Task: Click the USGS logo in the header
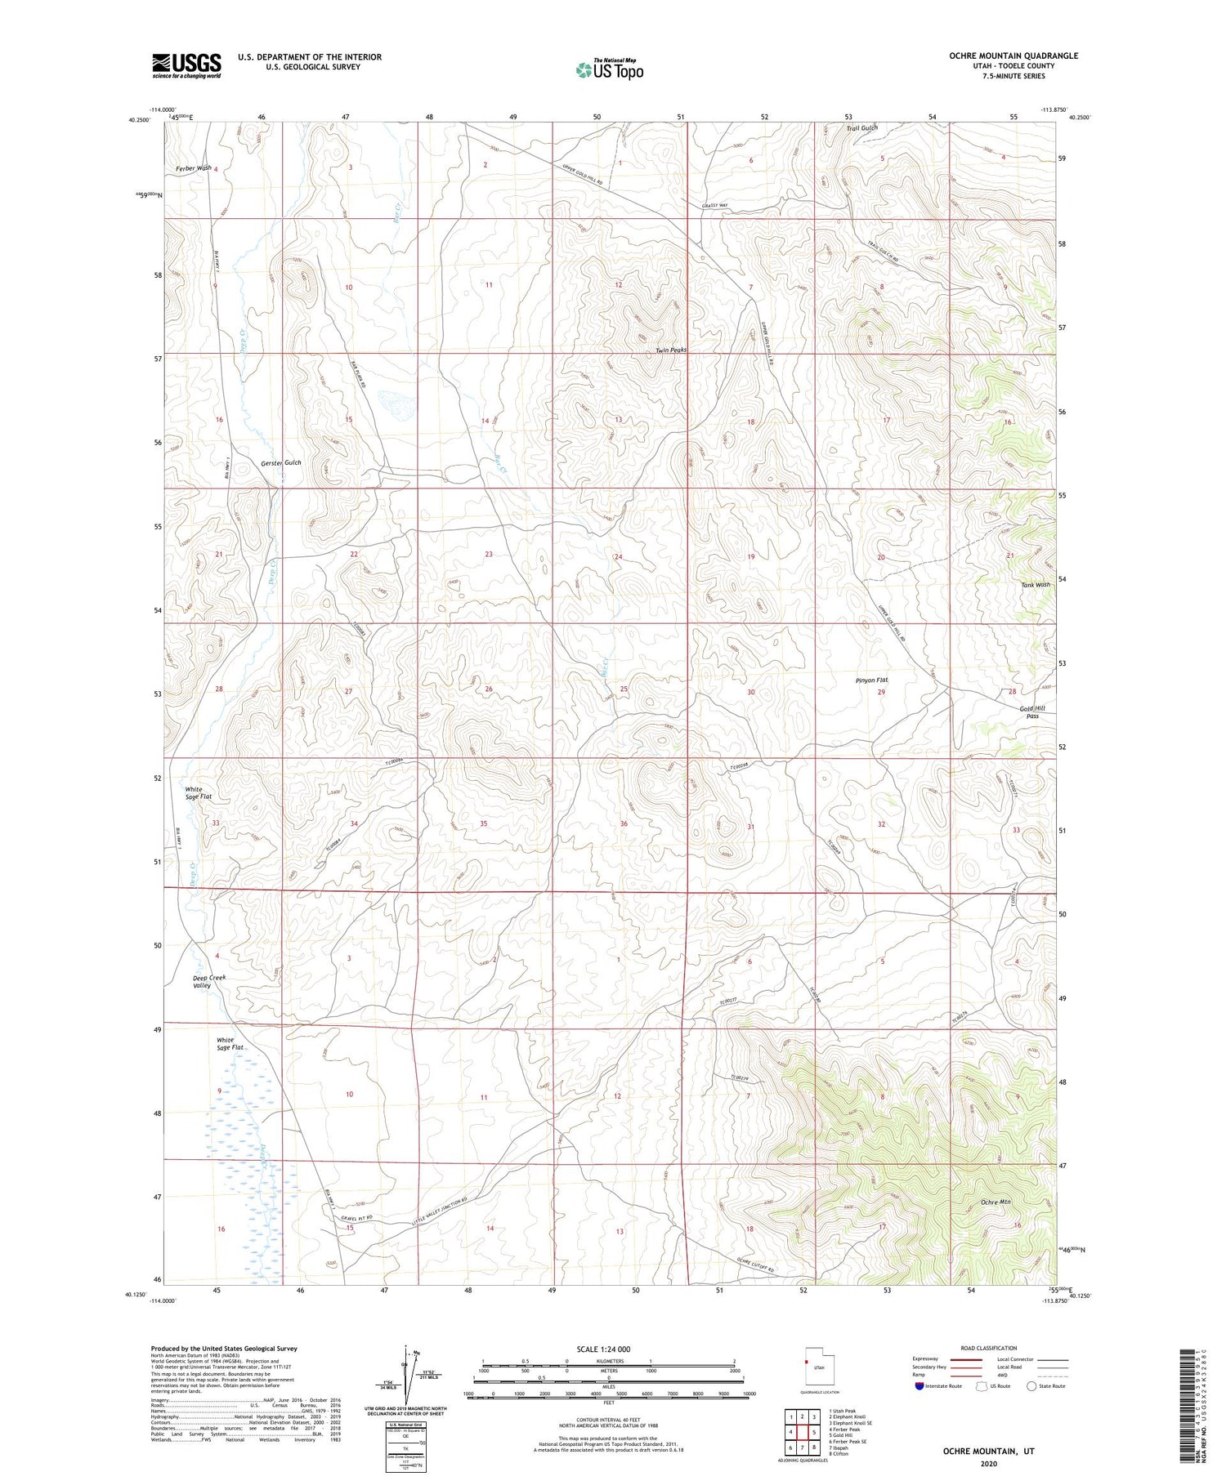(186, 65)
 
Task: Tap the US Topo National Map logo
(609, 69)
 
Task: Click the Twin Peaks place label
(671, 350)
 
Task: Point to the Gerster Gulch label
(281, 462)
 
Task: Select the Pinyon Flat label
(871, 680)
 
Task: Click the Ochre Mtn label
(996, 1203)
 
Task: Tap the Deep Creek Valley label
(208, 981)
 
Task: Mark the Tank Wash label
(1036, 585)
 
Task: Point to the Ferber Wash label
(192, 168)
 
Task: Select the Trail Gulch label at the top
(861, 128)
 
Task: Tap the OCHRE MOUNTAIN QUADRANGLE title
(1001, 56)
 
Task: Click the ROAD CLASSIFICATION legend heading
(989, 1348)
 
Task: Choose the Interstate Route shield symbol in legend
(919, 1386)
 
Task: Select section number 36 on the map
(624, 823)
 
